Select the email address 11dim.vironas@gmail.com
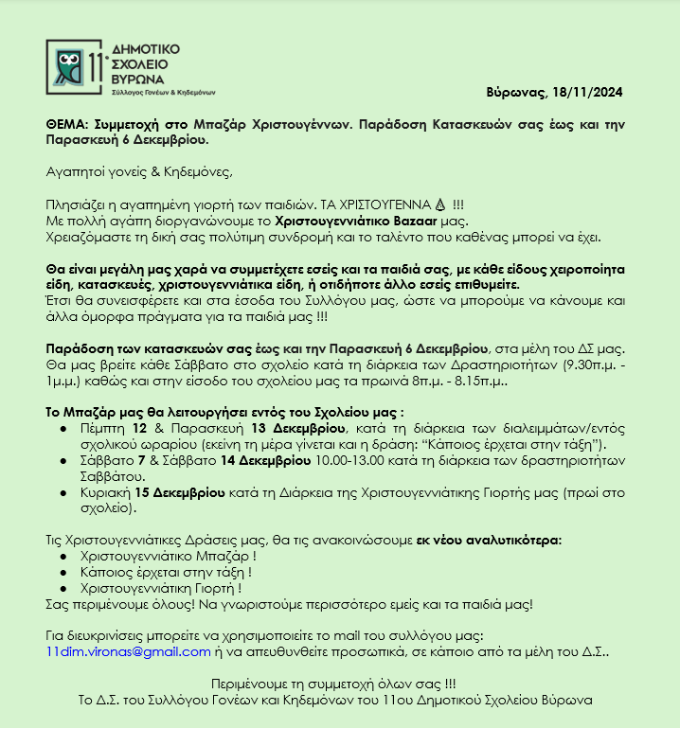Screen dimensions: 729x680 [x=128, y=651]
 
